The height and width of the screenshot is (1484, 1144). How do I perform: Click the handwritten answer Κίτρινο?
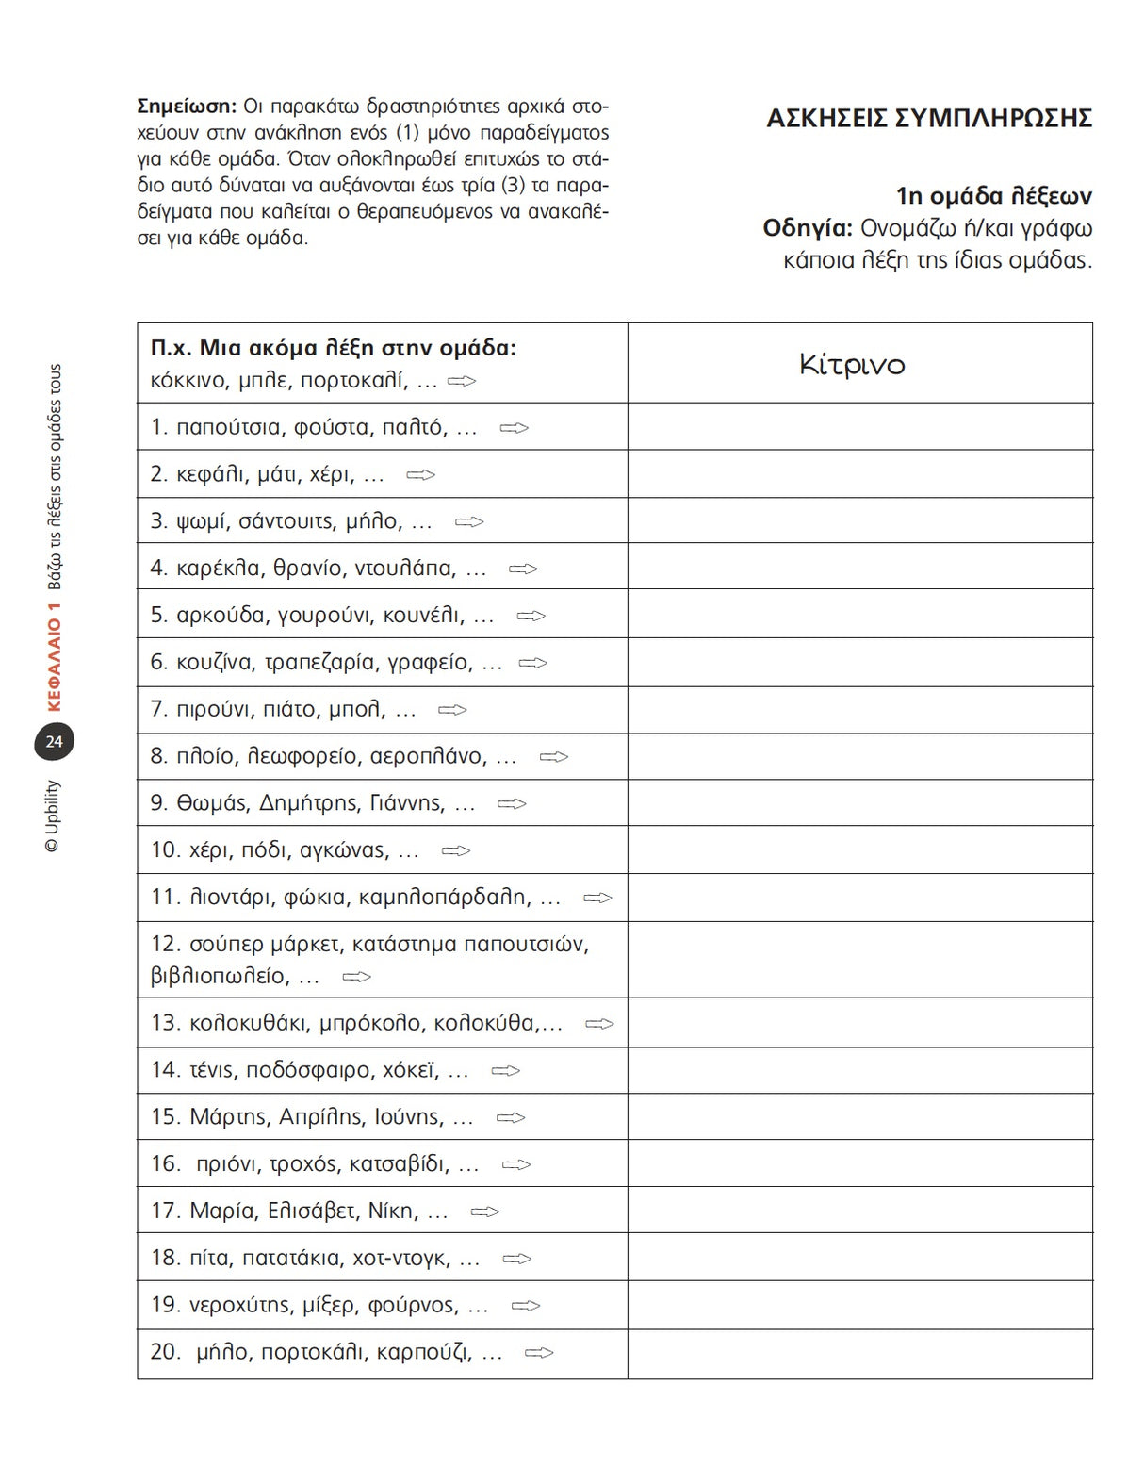[x=852, y=365]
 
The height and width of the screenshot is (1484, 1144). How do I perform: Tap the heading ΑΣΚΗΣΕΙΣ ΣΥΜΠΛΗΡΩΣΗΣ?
[x=929, y=119]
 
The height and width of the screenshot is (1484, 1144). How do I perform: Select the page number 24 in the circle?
[x=54, y=742]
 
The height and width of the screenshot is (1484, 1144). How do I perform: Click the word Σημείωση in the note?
[x=186, y=106]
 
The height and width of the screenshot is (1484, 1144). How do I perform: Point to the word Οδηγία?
[x=807, y=228]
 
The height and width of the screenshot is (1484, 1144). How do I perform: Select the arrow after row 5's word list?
[x=531, y=616]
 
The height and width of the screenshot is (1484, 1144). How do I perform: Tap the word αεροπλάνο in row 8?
[x=429, y=756]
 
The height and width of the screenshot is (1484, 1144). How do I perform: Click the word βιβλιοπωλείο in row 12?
[x=220, y=976]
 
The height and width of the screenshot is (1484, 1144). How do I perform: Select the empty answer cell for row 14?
[x=859, y=1070]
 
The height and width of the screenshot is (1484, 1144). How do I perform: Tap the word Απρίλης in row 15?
[x=321, y=1117]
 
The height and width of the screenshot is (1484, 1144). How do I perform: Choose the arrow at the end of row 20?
[x=539, y=1353]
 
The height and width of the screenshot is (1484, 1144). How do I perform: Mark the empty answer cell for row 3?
[x=859, y=520]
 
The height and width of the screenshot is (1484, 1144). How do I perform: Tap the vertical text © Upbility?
[x=53, y=816]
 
